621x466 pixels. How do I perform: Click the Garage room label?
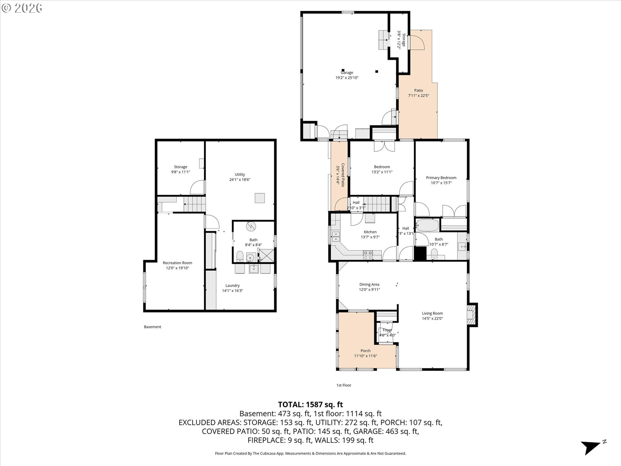pos(347,73)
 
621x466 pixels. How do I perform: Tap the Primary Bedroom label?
pos(441,178)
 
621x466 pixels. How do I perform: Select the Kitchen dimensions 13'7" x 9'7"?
pos(370,237)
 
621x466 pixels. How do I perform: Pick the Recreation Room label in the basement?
pos(177,263)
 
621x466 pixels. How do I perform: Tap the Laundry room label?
pos(233,285)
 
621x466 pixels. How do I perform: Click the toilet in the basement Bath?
pos(240,256)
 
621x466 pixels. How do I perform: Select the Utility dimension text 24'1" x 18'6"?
pos(240,180)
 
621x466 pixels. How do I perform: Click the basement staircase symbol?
pos(195,204)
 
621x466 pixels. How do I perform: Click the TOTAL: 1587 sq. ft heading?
pos(310,405)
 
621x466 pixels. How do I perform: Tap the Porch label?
pos(365,351)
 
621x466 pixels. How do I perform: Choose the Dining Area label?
pos(369,284)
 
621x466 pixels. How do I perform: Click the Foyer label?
pos(387,330)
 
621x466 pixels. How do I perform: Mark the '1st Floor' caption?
pos(343,385)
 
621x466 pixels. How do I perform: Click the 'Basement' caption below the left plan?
pos(152,327)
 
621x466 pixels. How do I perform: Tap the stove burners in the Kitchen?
pos(368,255)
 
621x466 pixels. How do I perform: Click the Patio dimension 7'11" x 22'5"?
pos(419,95)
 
